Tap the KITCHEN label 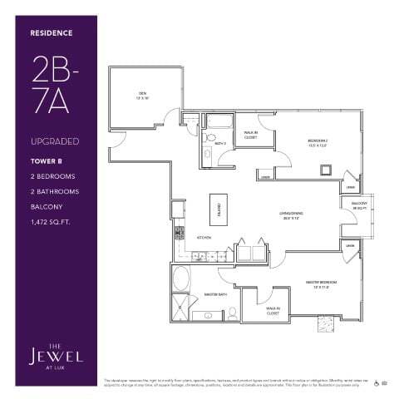[x=203, y=238]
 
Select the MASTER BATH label [x=217, y=295]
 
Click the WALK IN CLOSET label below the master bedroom [x=272, y=313]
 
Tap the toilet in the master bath [x=234, y=313]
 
